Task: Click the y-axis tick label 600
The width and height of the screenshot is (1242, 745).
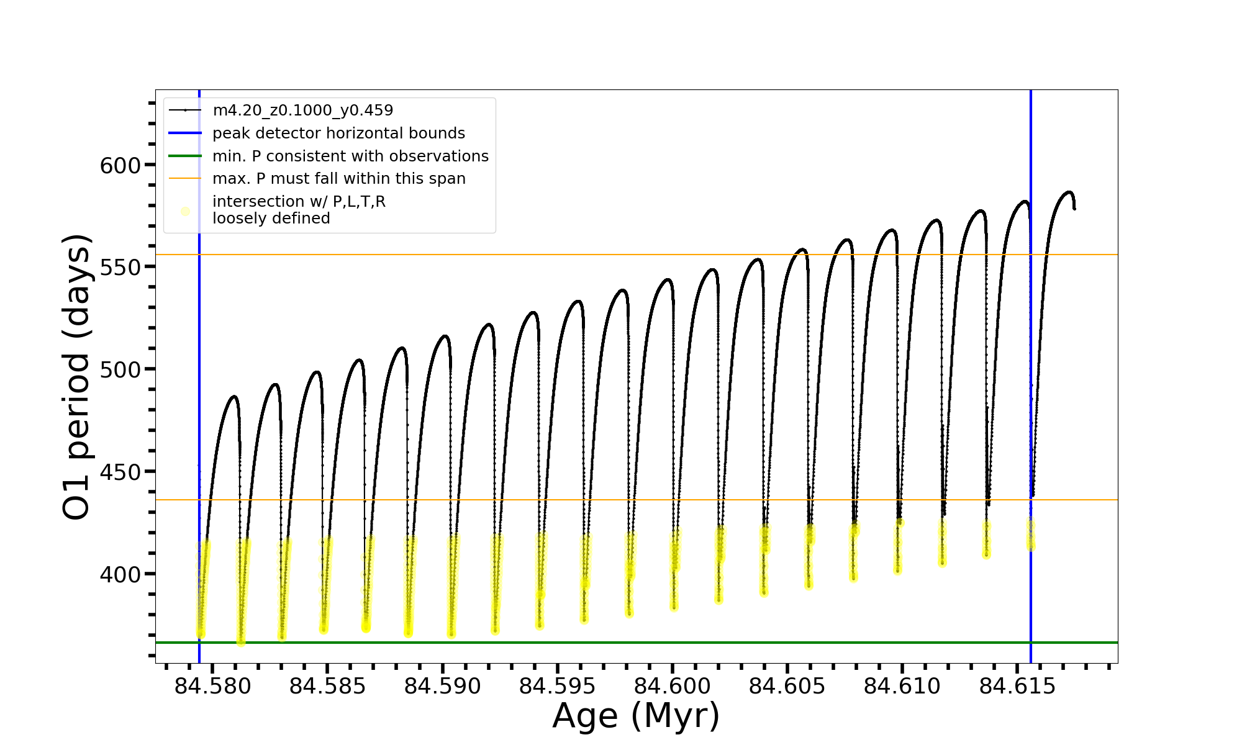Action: [120, 166]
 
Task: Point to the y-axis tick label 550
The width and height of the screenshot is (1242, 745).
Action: [120, 268]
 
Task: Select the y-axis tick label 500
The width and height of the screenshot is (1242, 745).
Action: [120, 370]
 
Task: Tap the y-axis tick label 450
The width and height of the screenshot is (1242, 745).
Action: [120, 472]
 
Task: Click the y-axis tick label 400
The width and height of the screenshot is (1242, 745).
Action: [120, 574]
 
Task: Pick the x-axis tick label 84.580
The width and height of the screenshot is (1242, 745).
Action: [212, 687]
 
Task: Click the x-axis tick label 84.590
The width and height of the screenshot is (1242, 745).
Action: [442, 687]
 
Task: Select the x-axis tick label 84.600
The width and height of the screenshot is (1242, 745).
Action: [672, 687]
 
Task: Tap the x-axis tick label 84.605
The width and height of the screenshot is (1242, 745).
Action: [787, 687]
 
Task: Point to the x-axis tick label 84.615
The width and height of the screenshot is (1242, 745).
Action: [1017, 687]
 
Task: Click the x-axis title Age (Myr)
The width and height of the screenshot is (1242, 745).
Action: [636, 716]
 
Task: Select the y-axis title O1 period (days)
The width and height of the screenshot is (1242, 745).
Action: [77, 377]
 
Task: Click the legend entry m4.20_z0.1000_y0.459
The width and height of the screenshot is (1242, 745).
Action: [302, 111]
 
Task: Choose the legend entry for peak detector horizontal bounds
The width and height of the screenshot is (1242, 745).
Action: [338, 133]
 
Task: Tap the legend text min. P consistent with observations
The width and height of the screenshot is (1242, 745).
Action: [350, 156]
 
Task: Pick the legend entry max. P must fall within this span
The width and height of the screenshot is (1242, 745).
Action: [338, 179]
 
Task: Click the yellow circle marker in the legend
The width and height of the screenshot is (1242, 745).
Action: [185, 211]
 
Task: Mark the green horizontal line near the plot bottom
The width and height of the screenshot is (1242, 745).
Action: [621, 643]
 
